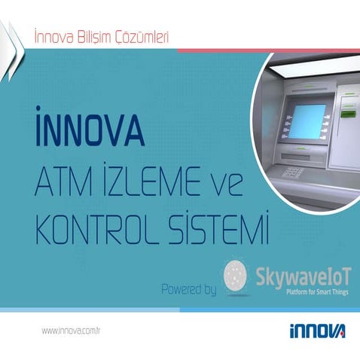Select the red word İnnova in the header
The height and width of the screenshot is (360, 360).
coord(53,35)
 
